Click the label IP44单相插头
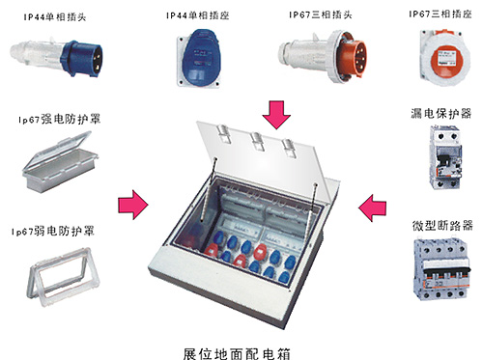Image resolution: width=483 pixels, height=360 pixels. (55, 16)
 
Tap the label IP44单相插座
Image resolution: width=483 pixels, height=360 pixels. (198, 15)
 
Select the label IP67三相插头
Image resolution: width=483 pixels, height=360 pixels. (321, 14)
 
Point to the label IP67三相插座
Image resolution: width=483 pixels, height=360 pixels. (440, 14)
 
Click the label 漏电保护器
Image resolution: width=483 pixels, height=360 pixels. (440, 113)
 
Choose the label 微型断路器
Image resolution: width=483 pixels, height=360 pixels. (442, 225)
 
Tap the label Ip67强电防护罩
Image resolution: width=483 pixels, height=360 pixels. (59, 119)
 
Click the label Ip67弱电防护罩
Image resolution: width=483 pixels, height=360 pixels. (53, 231)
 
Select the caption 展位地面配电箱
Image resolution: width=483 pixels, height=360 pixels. (237, 353)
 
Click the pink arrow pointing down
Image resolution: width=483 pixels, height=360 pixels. (276, 115)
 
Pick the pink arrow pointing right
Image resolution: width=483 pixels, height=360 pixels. (133, 205)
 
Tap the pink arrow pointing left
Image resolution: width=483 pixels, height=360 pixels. (373, 208)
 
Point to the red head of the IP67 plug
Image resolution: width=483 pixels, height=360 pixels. (354, 56)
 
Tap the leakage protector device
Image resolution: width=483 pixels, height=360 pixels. (445, 157)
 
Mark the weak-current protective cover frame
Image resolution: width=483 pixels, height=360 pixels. (63, 277)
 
